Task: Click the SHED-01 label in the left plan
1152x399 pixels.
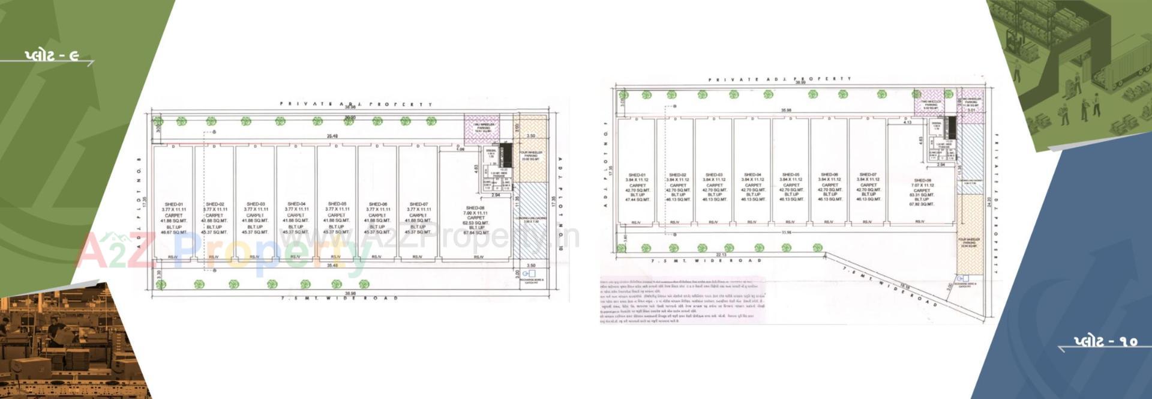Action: [174, 204]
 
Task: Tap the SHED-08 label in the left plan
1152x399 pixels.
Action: [475, 208]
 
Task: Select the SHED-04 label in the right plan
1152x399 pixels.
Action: [752, 175]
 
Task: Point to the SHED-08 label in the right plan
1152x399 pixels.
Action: [923, 180]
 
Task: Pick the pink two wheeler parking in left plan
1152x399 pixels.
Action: [482, 127]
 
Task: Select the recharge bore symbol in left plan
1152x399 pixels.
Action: [529, 274]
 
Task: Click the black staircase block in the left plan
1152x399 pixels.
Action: [505, 151]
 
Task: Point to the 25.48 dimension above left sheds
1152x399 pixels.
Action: [332, 136]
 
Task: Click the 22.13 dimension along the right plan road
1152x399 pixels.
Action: [721, 255]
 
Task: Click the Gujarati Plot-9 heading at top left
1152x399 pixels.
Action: [52, 56]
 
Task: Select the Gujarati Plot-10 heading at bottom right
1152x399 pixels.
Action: [1105, 341]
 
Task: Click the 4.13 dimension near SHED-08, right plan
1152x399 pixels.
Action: [907, 123]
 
